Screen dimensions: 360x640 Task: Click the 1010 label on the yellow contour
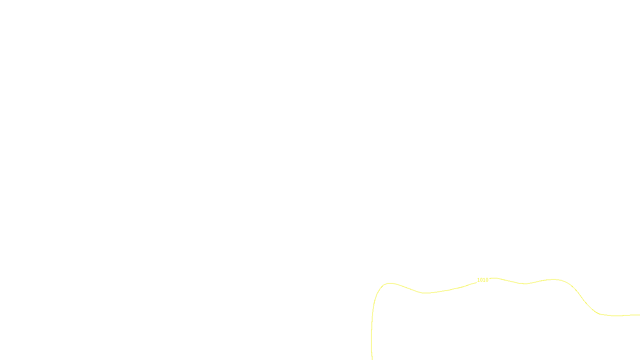(x=482, y=280)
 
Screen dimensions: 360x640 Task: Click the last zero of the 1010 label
(x=487, y=280)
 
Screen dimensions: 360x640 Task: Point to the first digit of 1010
(x=478, y=280)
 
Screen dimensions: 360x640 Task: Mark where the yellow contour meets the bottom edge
(x=372, y=359)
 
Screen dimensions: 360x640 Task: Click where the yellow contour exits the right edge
(x=639, y=315)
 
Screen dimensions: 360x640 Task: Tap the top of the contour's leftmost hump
(x=390, y=283)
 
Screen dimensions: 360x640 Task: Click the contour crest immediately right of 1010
(x=495, y=278)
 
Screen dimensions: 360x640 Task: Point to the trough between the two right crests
(x=525, y=284)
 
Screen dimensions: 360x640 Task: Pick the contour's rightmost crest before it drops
(x=554, y=279)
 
